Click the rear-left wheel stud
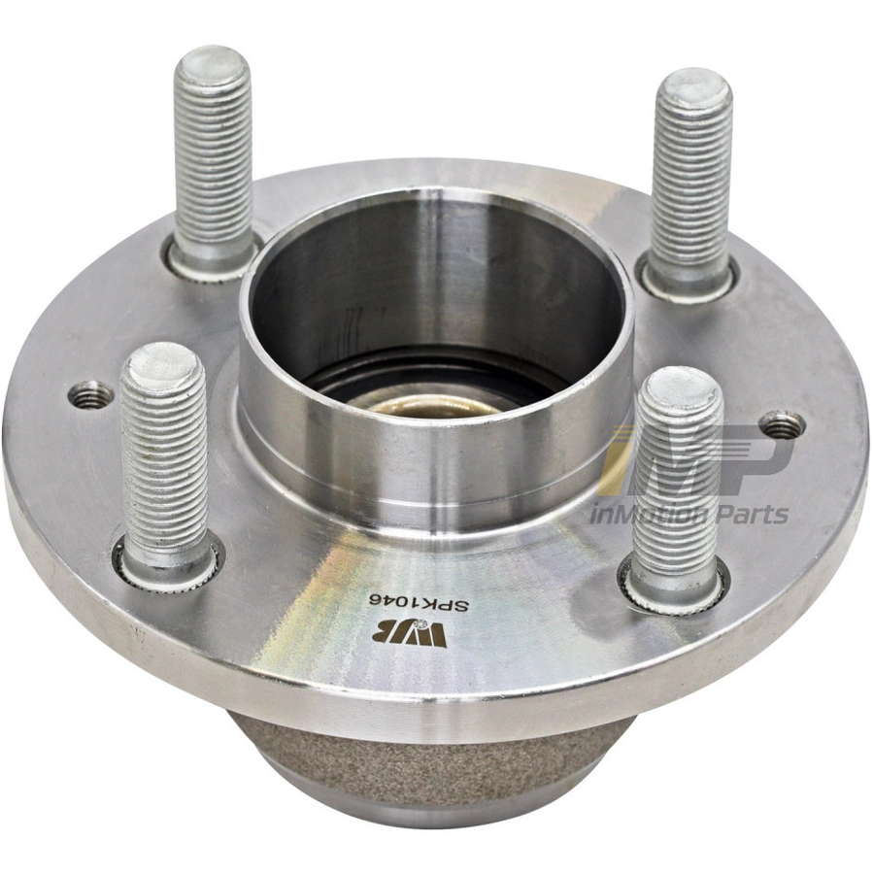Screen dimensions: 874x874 tap(213, 161)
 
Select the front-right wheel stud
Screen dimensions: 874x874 tap(676, 485)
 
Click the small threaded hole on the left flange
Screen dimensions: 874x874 tap(89, 395)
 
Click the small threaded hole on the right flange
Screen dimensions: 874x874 tap(783, 424)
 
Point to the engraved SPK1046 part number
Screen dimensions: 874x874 tap(421, 603)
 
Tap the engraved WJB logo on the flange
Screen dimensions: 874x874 tap(409, 634)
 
